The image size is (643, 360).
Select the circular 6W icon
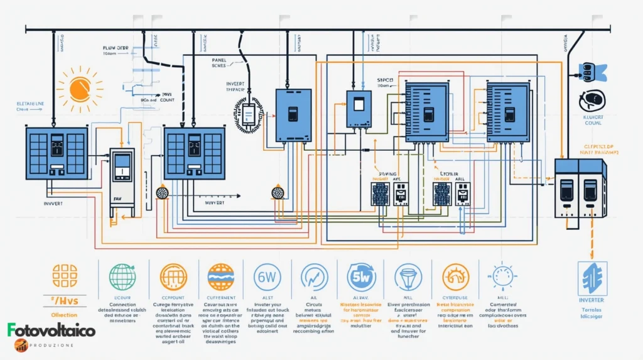tap(267, 276)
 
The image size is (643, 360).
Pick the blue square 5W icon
tap(361, 276)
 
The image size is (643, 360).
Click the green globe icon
tap(122, 276)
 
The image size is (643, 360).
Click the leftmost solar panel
tap(57, 153)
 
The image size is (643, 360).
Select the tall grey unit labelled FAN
tap(122, 182)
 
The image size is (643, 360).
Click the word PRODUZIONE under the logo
tap(52, 344)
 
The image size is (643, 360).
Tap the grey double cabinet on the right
tap(580, 188)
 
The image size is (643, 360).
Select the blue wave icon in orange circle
tap(220, 276)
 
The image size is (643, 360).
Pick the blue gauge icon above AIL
tap(314, 276)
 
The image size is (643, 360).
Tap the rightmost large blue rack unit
tap(507, 112)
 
